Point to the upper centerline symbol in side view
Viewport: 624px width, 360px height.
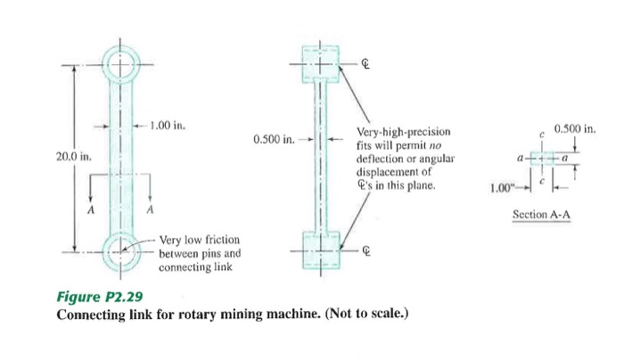(x=365, y=64)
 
